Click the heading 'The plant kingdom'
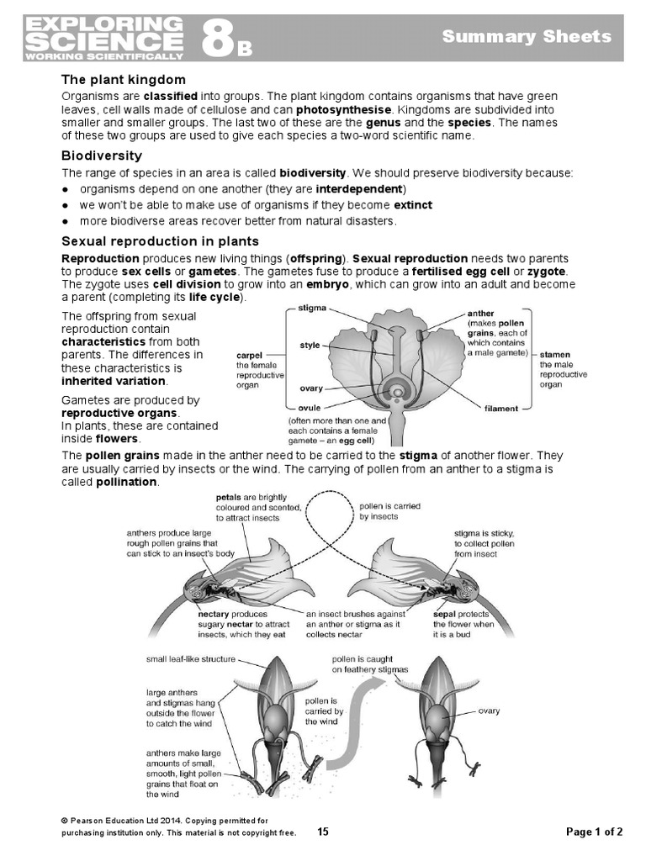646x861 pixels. coord(124,80)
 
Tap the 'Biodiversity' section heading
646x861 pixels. coord(102,156)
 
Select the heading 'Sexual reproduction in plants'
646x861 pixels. coord(154,241)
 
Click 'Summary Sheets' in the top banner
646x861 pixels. coord(527,36)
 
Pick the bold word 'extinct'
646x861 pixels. coord(413,204)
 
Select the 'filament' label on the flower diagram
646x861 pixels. coord(501,409)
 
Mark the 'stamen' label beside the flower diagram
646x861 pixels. coord(556,355)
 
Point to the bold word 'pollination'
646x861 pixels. coord(127,482)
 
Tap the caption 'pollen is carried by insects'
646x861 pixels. coord(389,511)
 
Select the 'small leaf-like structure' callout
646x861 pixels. coord(190,659)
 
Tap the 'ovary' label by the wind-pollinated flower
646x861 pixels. coord(489,711)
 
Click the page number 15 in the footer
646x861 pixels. coord(324,832)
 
